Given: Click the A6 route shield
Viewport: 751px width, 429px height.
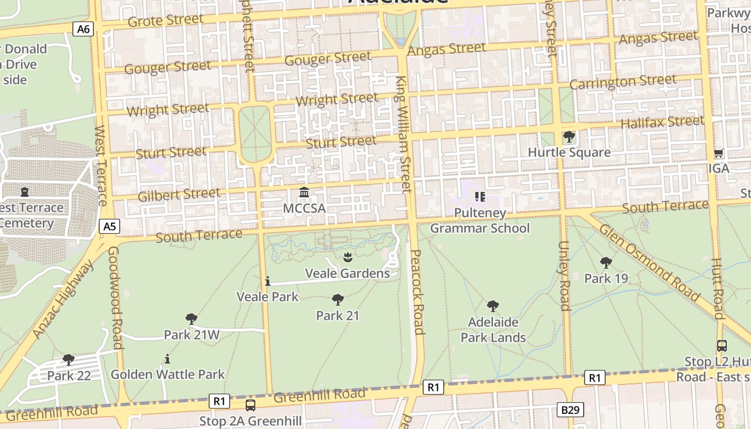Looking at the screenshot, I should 84,29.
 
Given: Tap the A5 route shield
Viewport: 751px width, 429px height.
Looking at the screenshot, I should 109,226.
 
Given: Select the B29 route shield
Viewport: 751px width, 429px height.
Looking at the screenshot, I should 570,410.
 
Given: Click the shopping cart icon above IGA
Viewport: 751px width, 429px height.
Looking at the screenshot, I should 719,153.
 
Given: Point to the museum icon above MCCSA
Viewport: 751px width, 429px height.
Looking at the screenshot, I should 304,192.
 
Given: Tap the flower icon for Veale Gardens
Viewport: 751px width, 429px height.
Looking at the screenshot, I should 348,257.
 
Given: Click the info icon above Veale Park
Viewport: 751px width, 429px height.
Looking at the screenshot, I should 267,281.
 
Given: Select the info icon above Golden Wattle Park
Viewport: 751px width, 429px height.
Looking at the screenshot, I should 167,358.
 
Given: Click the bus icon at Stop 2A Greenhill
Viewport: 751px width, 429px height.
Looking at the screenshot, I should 251,405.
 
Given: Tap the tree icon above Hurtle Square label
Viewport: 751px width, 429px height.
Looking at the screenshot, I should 569,137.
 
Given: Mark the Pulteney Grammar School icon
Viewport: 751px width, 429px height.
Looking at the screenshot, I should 480,197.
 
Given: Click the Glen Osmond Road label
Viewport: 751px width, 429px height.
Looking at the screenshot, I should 650,263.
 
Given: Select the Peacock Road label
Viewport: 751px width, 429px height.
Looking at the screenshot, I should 417,292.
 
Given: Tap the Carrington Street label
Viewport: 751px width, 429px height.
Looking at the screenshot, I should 623,82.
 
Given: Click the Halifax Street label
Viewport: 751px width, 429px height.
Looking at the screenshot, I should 662,122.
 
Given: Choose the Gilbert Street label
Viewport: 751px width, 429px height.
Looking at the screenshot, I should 179,195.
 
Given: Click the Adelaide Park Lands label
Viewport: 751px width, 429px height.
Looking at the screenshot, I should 493,330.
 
